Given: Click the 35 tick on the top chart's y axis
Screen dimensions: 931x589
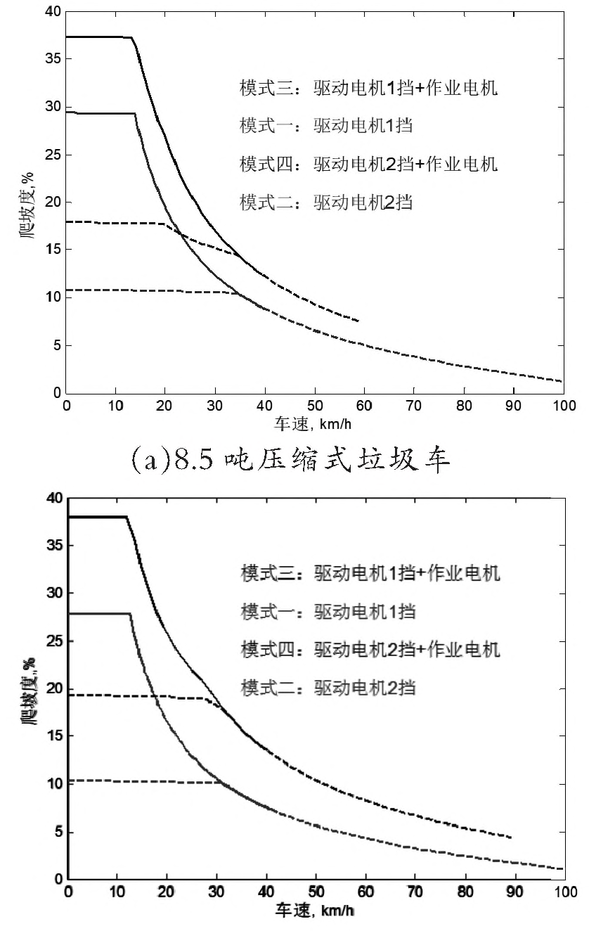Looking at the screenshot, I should coord(53,59).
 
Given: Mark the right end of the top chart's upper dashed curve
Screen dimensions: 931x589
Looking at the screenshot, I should coord(358,321).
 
